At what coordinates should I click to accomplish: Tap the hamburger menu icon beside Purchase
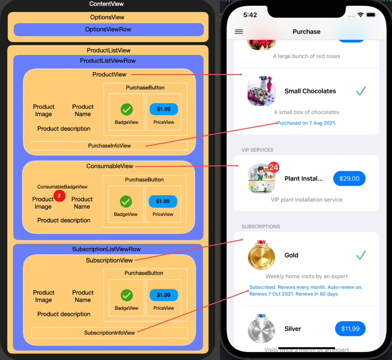pos(239,32)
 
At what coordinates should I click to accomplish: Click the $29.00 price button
pos(349,178)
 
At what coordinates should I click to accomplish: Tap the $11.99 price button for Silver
pos(350,328)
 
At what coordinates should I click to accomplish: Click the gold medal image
pos(261,255)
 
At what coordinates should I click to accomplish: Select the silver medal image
pos(261,328)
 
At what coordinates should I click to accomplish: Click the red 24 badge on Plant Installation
pos(274,168)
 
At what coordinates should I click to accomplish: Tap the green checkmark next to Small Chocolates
pos(361,91)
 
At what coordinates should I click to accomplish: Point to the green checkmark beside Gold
pos(361,255)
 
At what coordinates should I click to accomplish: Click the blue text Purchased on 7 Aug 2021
pos(307,123)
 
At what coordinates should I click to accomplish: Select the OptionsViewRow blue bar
pos(108,30)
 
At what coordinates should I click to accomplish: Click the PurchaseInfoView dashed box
pos(109,146)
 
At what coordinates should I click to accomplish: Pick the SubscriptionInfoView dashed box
pos(109,332)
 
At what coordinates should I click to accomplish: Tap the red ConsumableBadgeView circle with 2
pos(59,195)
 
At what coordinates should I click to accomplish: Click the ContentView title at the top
pos(106,4)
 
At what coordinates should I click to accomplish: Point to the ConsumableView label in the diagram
pos(110,166)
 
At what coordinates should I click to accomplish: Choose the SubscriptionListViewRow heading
pos(106,249)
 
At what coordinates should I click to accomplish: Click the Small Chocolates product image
pos(261,91)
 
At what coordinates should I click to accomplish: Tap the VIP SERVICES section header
pos(258,150)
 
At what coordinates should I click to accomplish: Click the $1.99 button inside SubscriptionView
pos(164,295)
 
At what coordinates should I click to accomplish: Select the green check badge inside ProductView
pos(126,109)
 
